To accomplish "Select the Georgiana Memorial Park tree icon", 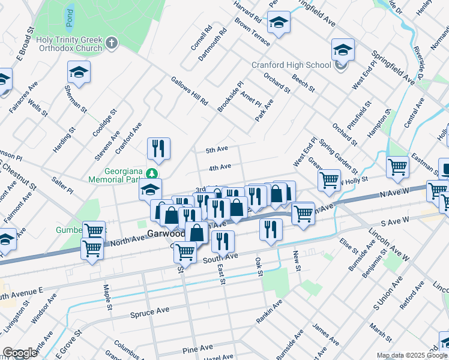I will pos(152,173).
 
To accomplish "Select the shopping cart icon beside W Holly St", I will pos(329,179).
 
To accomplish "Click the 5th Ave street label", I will pos(217,149).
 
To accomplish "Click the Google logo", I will pos(20,353).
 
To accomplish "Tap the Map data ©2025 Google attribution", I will pos(411,355).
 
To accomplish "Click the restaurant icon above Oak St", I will pos(271,229).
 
